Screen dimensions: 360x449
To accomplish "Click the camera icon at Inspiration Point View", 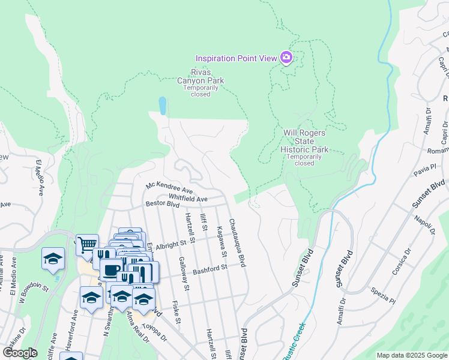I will click(286, 58).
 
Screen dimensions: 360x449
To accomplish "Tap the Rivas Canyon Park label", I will click(200, 80).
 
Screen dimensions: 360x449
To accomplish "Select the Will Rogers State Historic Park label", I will click(304, 140).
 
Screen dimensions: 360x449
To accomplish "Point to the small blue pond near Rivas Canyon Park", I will click(162, 106).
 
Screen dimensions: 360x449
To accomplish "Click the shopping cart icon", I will click(87, 245).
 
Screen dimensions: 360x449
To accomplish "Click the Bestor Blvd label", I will click(163, 204).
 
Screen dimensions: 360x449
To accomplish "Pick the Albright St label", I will click(167, 245).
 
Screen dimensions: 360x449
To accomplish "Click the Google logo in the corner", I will click(20, 352).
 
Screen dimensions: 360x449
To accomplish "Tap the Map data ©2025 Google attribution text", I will click(412, 355).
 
